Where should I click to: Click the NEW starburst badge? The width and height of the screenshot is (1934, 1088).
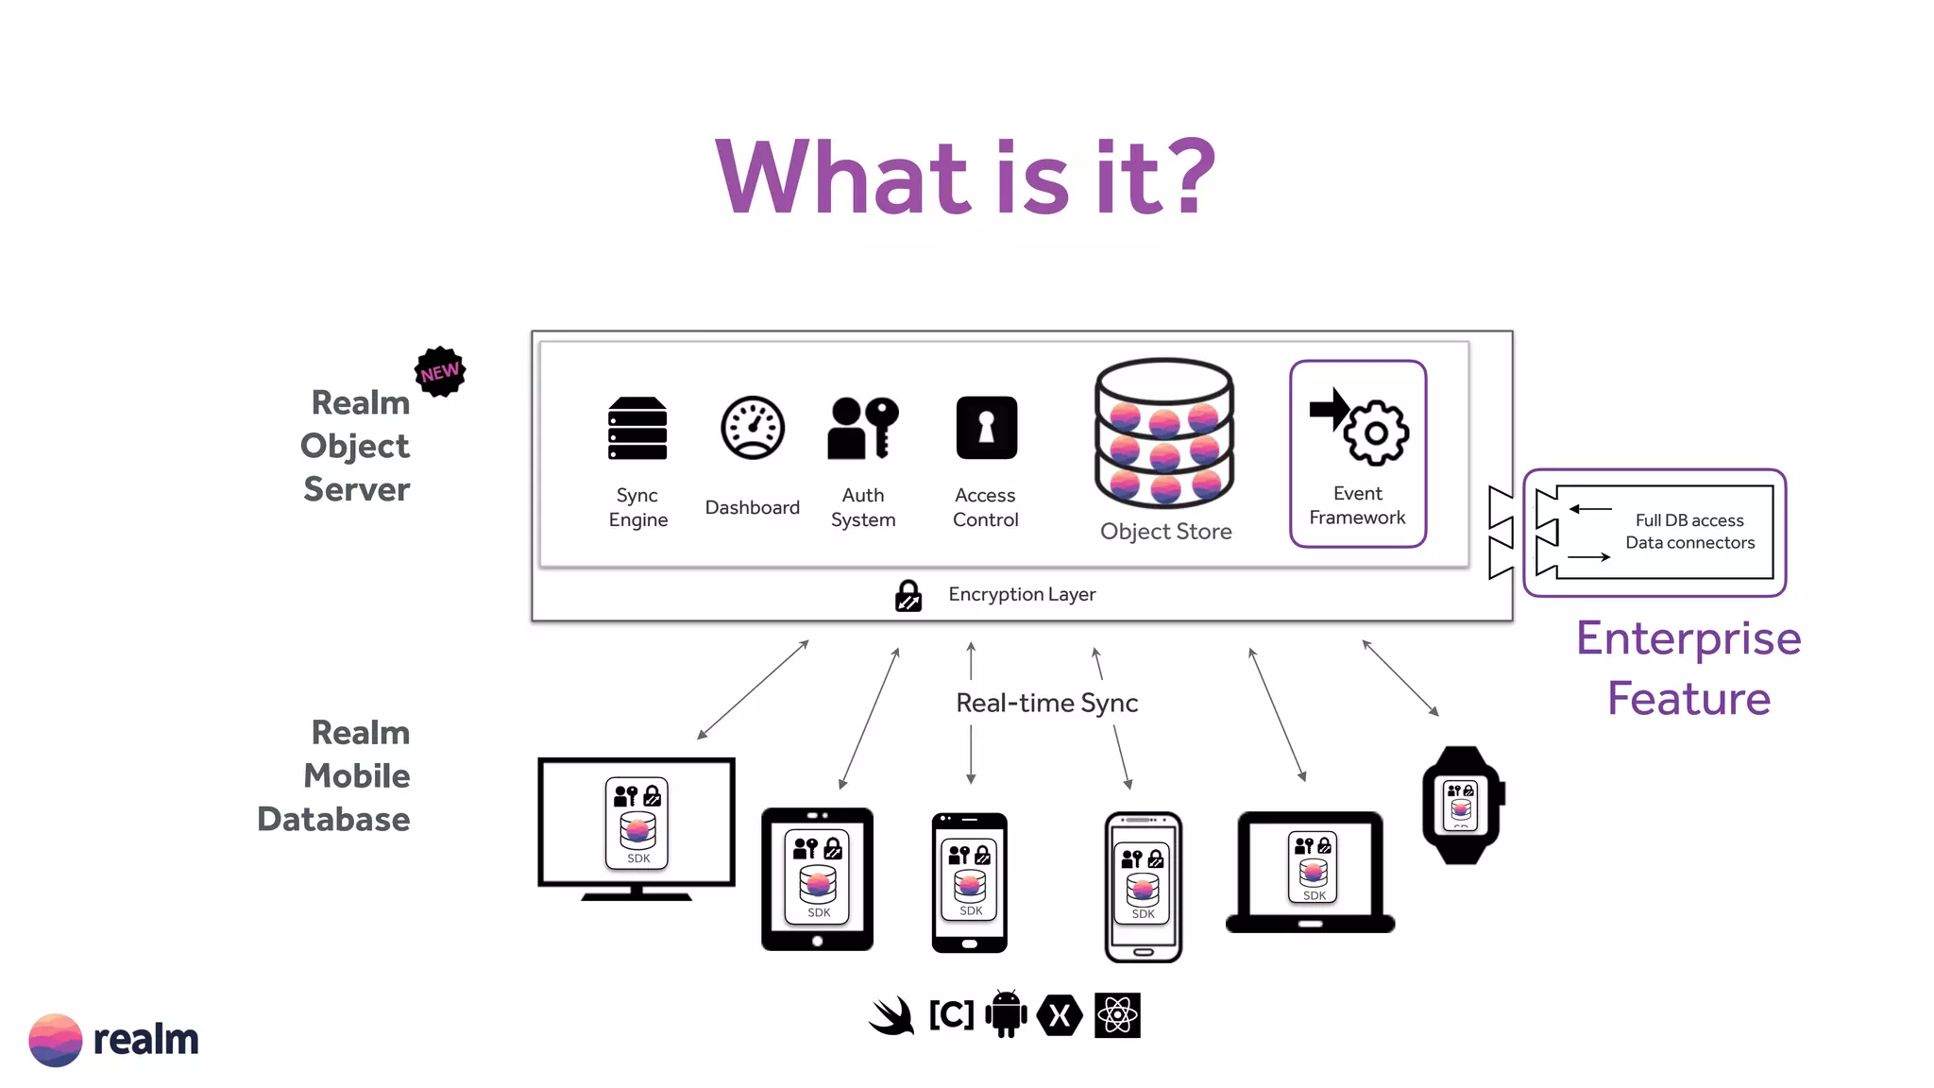point(440,371)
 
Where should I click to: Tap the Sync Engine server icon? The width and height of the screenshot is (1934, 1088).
point(637,428)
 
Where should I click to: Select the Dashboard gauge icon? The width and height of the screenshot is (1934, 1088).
point(753,428)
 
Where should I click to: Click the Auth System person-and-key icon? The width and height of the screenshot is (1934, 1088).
point(862,428)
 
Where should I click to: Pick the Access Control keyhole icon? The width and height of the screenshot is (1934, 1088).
point(986,428)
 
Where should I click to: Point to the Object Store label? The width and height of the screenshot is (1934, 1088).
point(1165,532)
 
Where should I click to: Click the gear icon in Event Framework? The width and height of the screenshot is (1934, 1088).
point(1377,433)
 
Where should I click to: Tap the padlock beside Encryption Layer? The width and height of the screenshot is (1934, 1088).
point(908,596)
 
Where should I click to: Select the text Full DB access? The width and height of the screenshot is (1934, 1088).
point(1688,520)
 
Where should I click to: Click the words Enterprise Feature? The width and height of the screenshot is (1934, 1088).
point(1688,668)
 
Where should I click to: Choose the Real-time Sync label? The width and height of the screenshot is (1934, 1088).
point(1046,703)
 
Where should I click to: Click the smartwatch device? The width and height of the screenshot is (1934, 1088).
point(1462,806)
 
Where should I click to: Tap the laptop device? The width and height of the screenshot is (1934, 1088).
point(1311,872)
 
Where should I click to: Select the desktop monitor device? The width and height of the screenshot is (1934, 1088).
point(636,826)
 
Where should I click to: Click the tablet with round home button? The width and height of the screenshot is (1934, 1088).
point(817,879)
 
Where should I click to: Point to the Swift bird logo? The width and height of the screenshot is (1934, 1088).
point(891,1016)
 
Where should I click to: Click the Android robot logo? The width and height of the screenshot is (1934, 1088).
point(1006,1014)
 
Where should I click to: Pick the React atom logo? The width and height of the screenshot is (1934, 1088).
point(1117,1015)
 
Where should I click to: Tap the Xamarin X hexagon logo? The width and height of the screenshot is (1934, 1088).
point(1060,1016)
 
